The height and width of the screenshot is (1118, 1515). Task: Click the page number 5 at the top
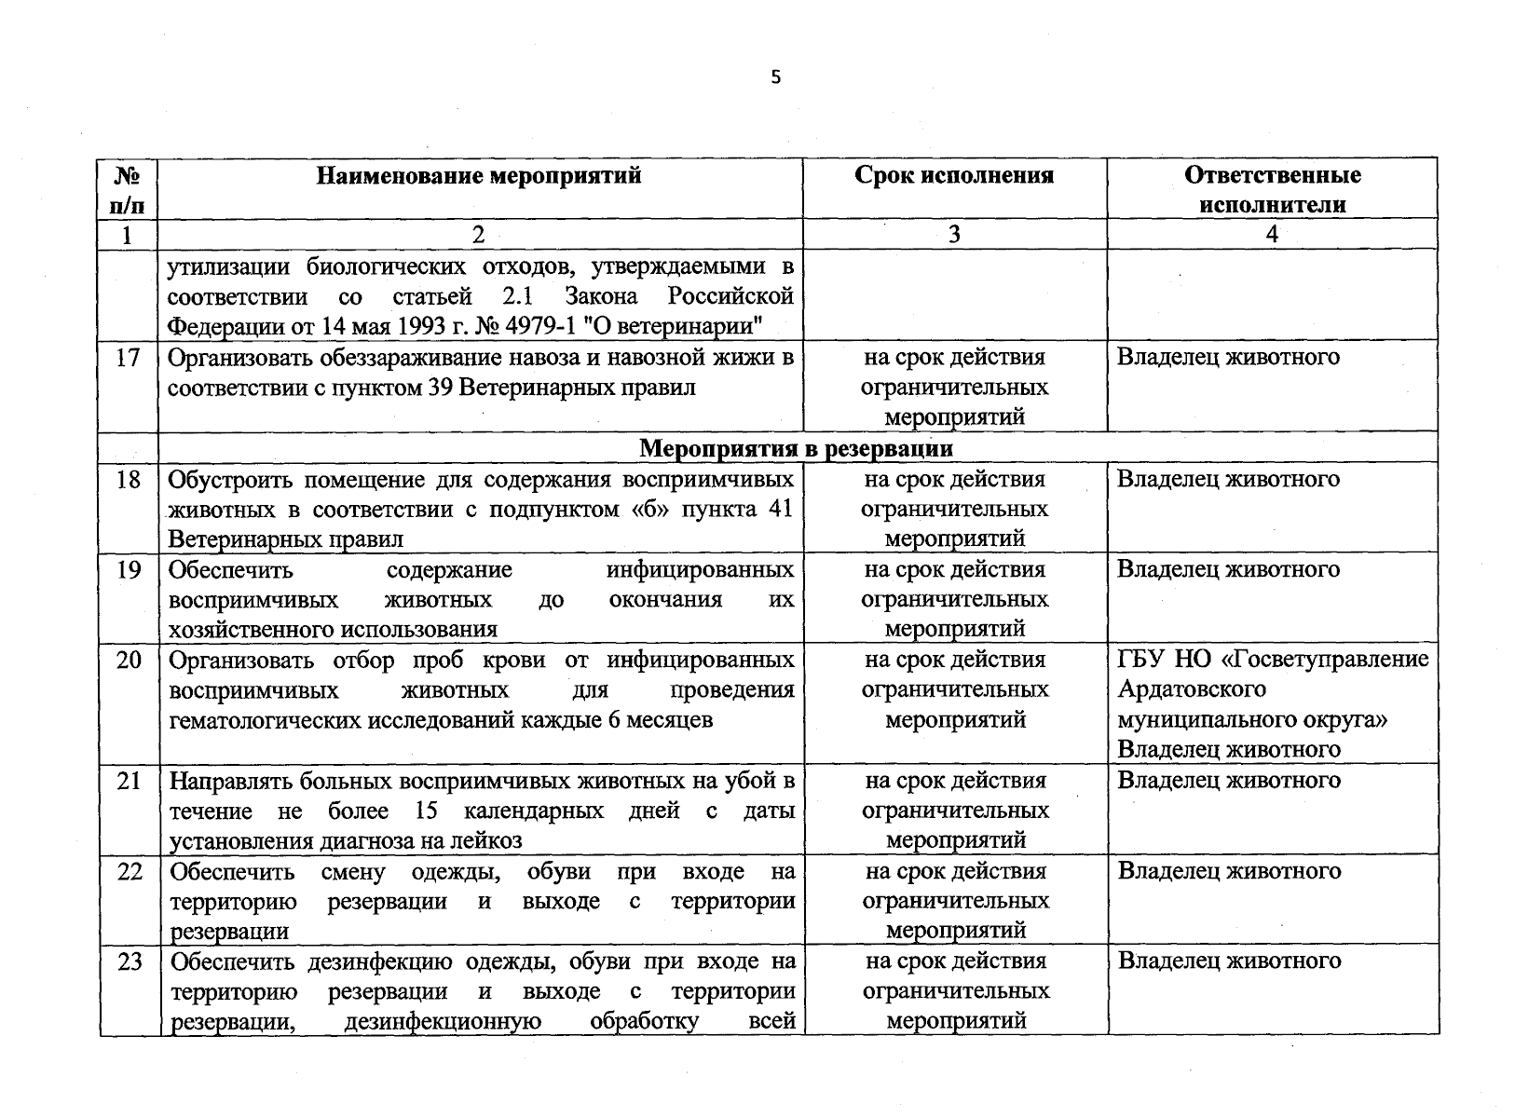click(x=775, y=78)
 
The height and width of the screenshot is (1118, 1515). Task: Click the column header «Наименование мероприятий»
click(x=479, y=176)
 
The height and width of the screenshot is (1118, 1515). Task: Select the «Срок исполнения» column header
click(x=954, y=176)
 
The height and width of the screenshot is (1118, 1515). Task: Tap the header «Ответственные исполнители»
click(x=1272, y=190)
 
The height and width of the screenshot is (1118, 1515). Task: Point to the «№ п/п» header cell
click(x=128, y=190)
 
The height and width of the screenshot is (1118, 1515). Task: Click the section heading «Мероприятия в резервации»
click(x=796, y=448)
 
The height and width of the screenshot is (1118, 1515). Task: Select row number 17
click(x=129, y=358)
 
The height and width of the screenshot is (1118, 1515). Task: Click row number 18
click(x=129, y=480)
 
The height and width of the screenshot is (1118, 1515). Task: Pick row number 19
click(x=129, y=570)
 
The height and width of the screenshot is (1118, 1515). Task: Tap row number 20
click(x=129, y=661)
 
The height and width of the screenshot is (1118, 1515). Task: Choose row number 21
click(x=129, y=781)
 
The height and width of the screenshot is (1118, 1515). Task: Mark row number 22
click(x=129, y=871)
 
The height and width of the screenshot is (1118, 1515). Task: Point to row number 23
click(x=129, y=961)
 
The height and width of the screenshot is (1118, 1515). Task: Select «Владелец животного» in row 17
click(x=1228, y=358)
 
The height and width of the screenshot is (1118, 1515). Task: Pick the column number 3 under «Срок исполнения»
click(x=954, y=235)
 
